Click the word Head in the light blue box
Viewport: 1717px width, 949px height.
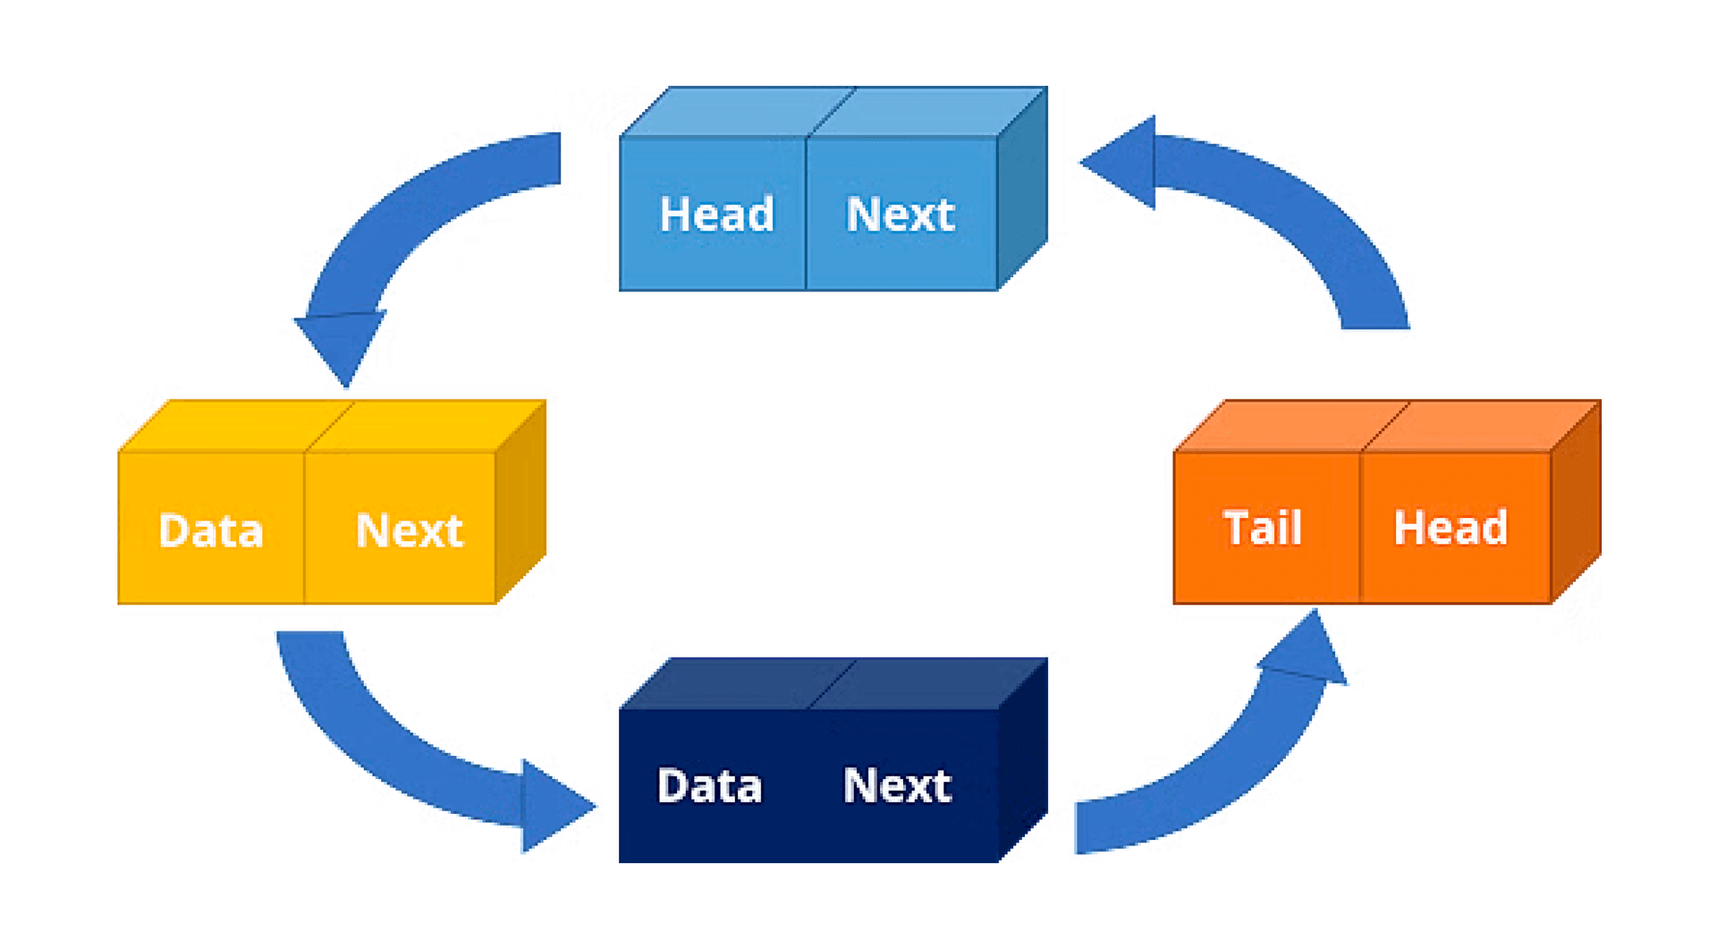pos(716,215)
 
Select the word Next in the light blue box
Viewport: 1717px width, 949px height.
pos(901,215)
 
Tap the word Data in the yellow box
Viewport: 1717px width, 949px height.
pos(211,530)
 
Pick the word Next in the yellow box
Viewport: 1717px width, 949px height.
pos(410,530)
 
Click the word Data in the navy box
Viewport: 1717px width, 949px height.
pos(709,786)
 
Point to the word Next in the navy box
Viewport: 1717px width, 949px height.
pos(897,786)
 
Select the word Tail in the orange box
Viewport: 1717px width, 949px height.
pos(1262,528)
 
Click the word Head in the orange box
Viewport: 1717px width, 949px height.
pos(1451,528)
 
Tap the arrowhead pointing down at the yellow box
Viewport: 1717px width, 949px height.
pos(342,344)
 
